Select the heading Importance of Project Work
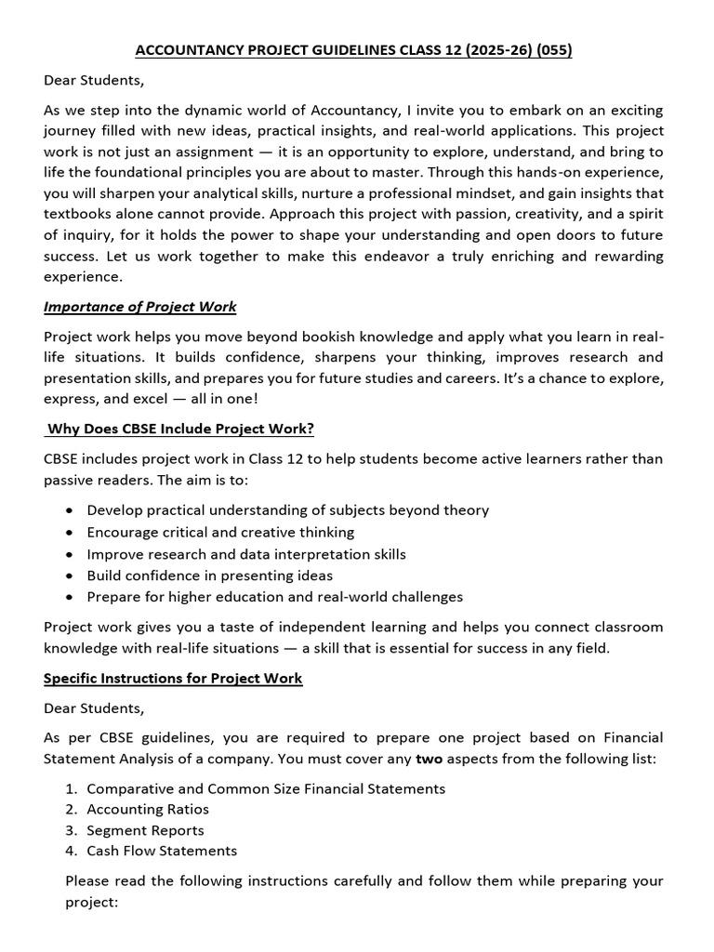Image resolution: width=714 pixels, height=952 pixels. [139, 307]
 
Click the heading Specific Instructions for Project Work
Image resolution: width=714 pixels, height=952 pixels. [173, 678]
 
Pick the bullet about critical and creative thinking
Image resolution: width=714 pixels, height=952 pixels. [220, 532]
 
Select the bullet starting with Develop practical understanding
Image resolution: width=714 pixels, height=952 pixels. [287, 509]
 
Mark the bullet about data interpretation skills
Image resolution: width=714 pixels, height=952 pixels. [246, 553]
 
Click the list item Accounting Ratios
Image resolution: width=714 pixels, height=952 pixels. [148, 809]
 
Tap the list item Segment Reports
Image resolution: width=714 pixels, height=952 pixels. [145, 830]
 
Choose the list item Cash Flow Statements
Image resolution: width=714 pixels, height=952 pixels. [162, 851]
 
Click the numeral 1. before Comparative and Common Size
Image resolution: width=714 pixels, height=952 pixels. [71, 788]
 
